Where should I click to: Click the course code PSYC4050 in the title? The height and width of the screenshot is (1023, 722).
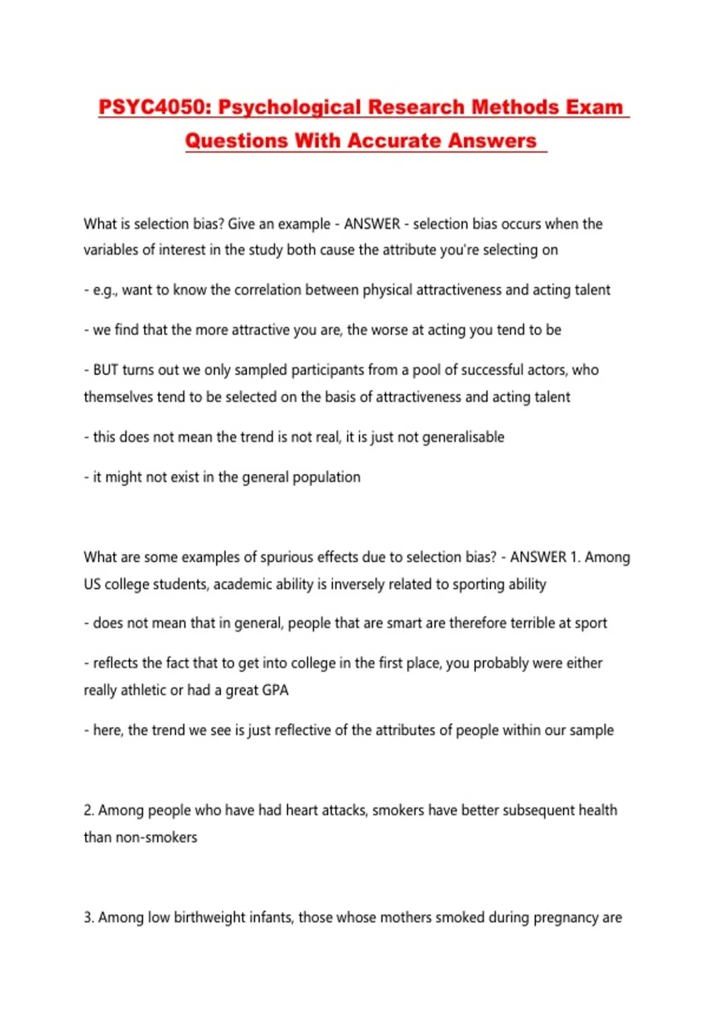click(x=153, y=107)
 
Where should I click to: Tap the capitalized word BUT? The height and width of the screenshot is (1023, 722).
click(x=106, y=369)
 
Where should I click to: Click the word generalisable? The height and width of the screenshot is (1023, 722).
click(x=463, y=437)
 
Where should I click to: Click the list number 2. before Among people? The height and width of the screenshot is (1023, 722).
click(x=89, y=811)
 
